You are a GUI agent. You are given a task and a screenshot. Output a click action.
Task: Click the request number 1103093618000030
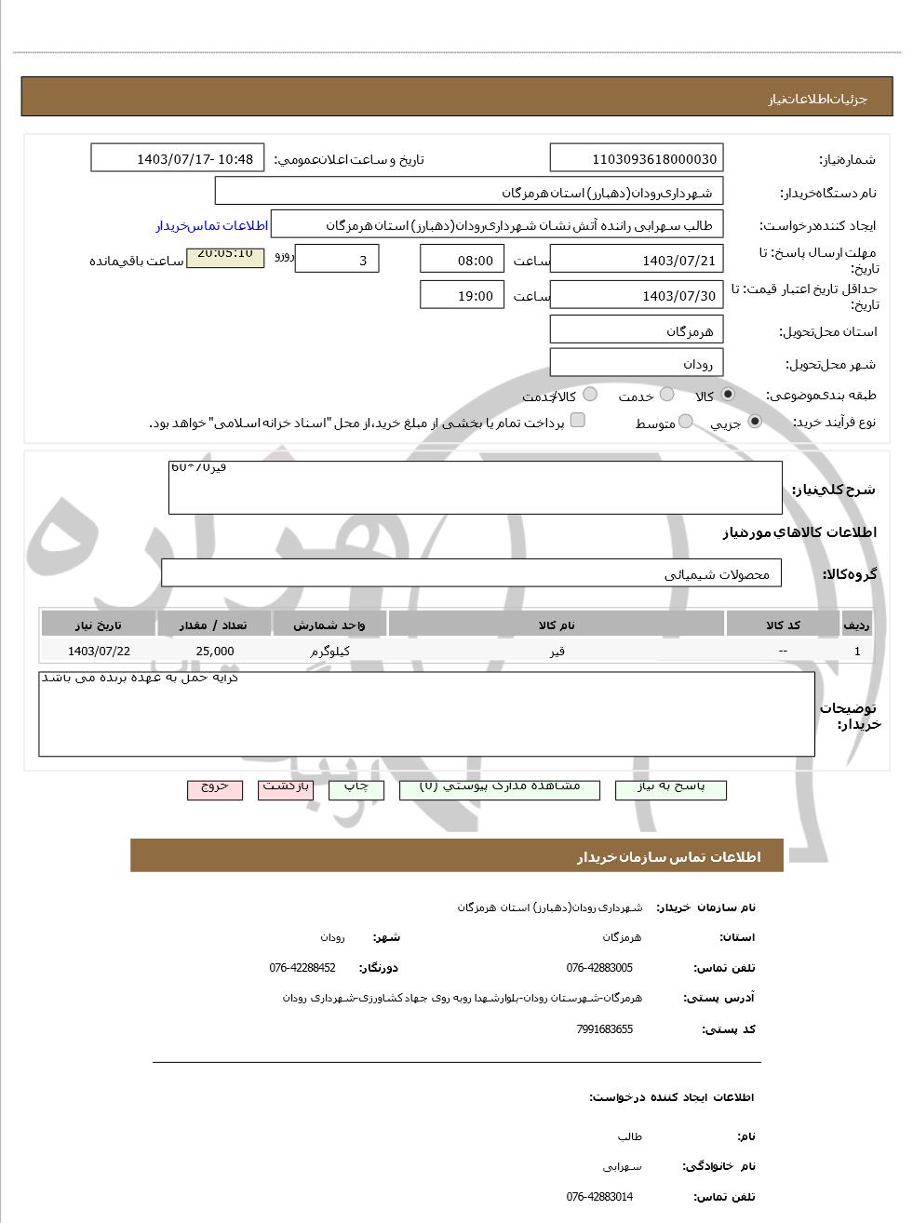coord(636,158)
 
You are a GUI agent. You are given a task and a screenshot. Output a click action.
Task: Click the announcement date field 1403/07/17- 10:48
coord(178,158)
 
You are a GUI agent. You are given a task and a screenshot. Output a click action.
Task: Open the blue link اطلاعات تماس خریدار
coord(211,226)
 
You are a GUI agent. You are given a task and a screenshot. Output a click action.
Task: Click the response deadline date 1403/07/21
coord(636,260)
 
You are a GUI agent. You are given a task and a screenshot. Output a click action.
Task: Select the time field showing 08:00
coord(463,260)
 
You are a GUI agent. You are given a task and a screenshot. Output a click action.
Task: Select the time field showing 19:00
coord(463,295)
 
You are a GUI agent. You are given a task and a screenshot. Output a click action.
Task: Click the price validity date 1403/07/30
coord(636,295)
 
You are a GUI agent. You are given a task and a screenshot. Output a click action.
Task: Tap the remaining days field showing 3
coord(337,260)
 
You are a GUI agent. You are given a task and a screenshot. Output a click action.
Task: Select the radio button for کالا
coord(728,395)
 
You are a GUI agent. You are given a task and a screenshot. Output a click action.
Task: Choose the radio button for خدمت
coord(667,395)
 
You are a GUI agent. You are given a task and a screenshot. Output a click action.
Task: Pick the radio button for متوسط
coord(686,422)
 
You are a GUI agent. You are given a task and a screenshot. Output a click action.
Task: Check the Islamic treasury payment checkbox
coord(578,421)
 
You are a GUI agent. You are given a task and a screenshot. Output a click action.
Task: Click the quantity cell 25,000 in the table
coord(215,652)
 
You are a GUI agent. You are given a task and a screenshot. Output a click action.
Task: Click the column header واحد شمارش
coord(329,625)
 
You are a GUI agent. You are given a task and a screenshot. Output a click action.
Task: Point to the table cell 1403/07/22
coord(99,652)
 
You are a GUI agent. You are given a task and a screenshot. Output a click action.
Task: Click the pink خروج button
coord(215,787)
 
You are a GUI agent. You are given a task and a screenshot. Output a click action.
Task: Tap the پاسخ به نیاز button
coord(670,787)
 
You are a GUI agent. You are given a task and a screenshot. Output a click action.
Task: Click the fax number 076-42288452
coord(302,968)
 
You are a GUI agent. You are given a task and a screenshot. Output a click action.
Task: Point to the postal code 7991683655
coord(604,1029)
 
